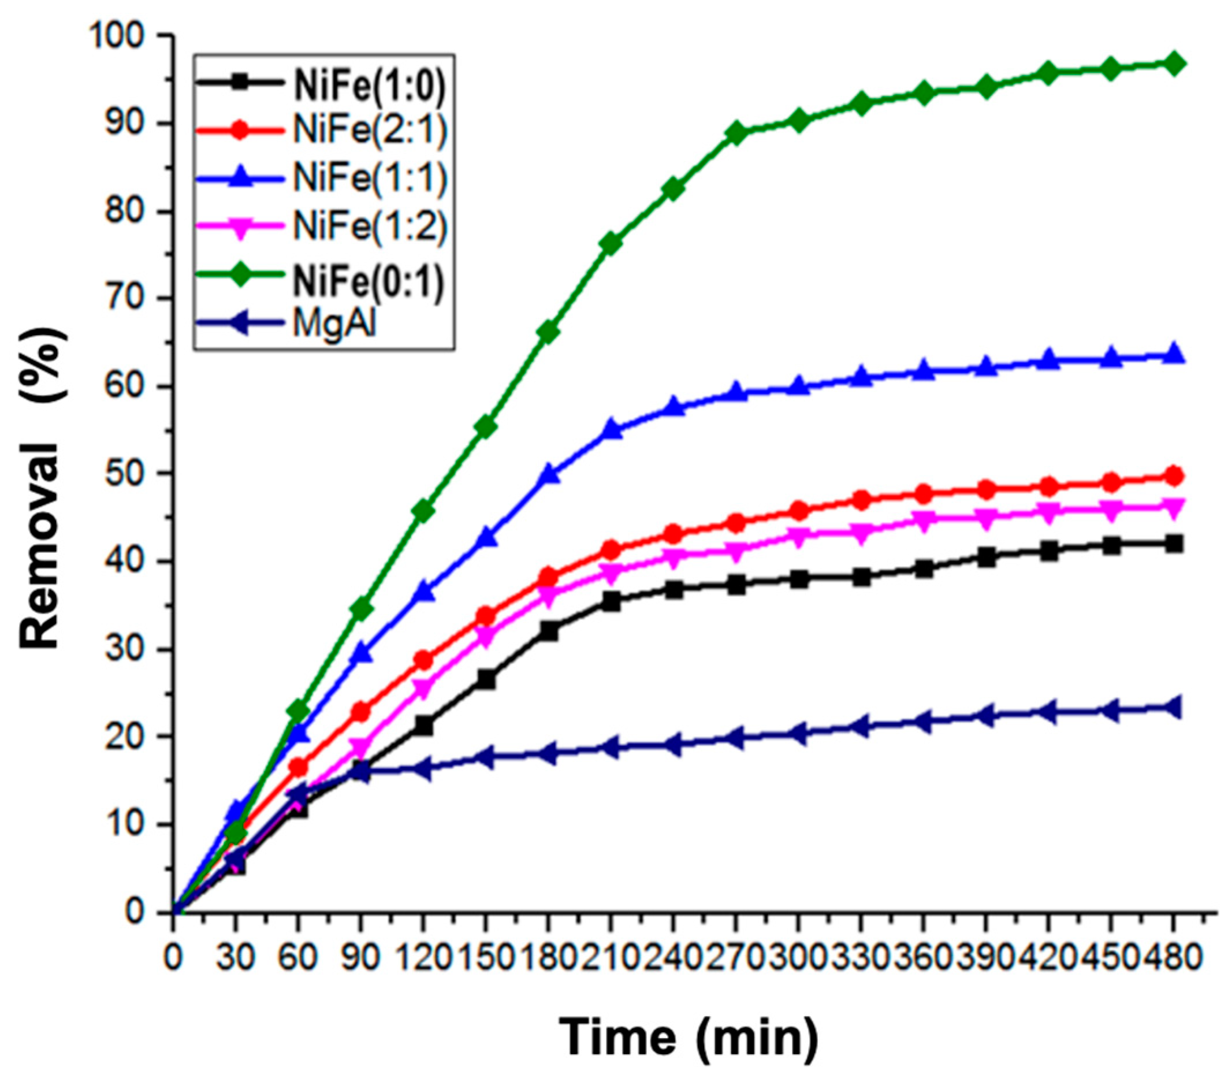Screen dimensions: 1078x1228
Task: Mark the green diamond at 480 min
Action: pyautogui.click(x=1173, y=63)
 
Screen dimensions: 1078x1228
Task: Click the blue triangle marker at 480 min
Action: pyautogui.click(x=1173, y=355)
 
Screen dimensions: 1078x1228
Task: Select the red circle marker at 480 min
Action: pyautogui.click(x=1173, y=477)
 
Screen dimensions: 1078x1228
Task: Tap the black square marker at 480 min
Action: pyautogui.click(x=1173, y=544)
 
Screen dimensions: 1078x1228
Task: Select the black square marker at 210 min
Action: pyautogui.click(x=611, y=601)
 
